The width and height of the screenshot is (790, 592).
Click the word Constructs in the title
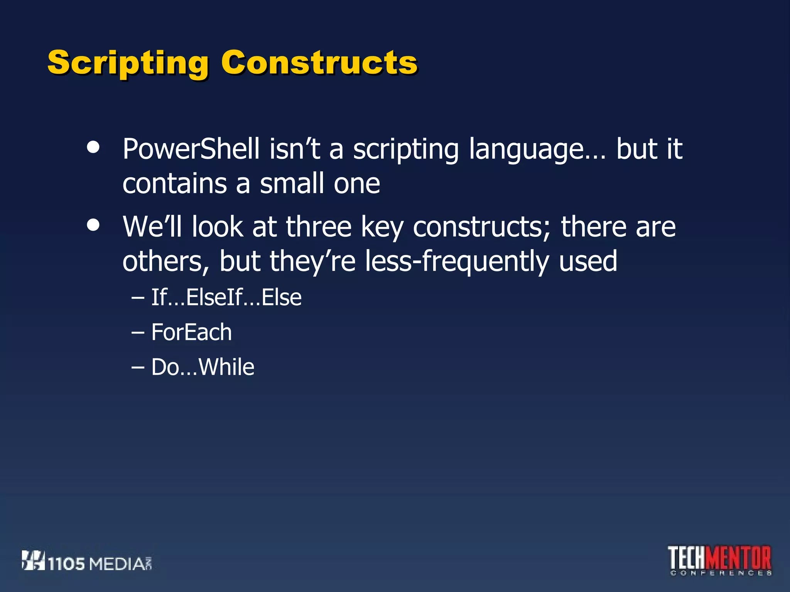point(319,63)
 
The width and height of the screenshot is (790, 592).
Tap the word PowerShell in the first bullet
point(191,149)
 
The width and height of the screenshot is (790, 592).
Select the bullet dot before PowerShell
point(93,147)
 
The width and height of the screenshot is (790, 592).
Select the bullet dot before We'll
point(93,225)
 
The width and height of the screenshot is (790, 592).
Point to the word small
point(292,184)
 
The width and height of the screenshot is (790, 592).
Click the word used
point(588,261)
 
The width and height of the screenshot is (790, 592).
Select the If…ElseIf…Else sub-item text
point(226,298)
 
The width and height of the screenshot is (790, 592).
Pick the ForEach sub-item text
point(191,332)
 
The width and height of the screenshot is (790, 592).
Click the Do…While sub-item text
point(203,367)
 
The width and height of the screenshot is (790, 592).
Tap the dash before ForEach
point(138,332)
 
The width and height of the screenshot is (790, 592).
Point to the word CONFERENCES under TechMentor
point(721,573)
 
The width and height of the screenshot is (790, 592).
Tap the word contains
point(174,184)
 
